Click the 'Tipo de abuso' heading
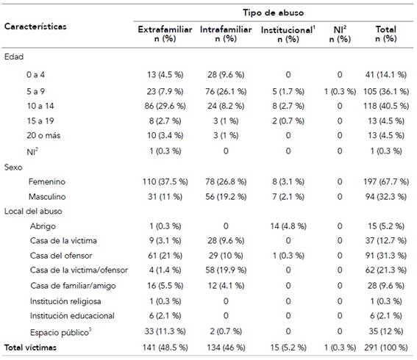coord(273,12)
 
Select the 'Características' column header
coord(35,26)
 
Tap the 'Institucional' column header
coord(288,30)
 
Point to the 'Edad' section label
coord(14,57)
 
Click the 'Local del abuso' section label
coord(33,211)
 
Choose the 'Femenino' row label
coord(47,181)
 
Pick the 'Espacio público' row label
coord(60,332)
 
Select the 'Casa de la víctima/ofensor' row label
coord(79,270)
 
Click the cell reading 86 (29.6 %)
coord(165,106)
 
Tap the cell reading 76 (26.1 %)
coord(226,92)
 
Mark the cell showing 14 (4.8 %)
coord(288,226)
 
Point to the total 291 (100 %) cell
coord(386,348)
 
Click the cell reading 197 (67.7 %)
coord(386,181)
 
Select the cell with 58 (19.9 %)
coord(226,270)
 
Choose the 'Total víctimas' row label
coord(30,348)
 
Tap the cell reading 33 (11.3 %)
coord(165,331)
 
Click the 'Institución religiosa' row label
coord(65,301)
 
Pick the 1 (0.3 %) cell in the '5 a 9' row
coord(340,92)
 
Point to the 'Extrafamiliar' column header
coord(165,29)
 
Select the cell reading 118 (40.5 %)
coord(386,106)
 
